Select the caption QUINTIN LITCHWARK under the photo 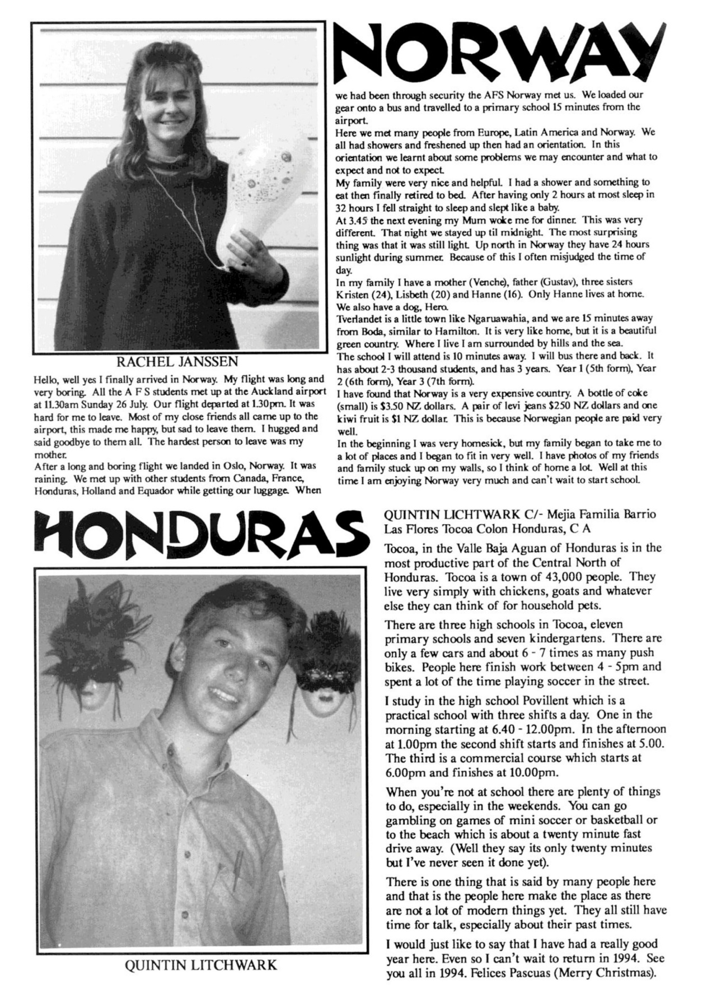(201, 965)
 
